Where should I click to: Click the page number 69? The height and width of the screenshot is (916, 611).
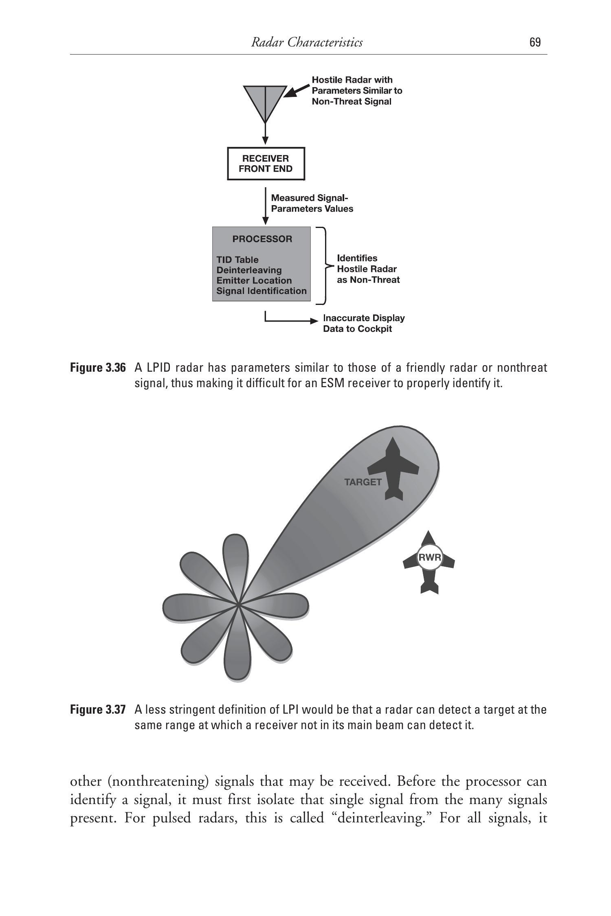(x=535, y=42)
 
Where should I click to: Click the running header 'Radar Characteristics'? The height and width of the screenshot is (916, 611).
(x=307, y=42)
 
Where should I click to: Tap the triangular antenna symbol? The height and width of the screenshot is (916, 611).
(x=265, y=102)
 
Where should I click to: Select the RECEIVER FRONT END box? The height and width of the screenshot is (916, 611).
(x=266, y=164)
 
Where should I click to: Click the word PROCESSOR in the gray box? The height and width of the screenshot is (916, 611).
(x=262, y=239)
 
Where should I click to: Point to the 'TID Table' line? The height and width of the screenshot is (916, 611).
(x=237, y=260)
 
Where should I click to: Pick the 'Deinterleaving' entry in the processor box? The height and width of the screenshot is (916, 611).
(x=249, y=270)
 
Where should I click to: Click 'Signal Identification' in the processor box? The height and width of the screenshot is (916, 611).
(x=261, y=291)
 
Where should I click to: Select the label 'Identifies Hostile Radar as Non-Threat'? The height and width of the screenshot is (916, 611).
(x=368, y=269)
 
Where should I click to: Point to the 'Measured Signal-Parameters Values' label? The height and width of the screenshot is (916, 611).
(x=312, y=203)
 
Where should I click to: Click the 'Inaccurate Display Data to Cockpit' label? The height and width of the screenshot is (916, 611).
(x=363, y=323)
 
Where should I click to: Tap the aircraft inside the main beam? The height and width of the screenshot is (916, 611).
(x=393, y=468)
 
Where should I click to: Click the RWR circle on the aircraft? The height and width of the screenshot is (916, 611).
(x=429, y=557)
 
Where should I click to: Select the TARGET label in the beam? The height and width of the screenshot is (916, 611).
(x=363, y=482)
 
